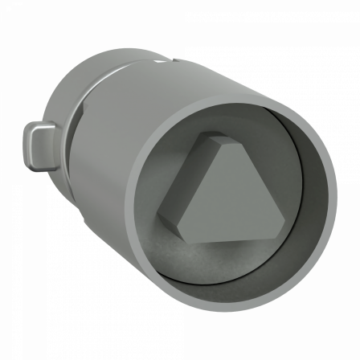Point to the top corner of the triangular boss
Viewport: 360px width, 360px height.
coord(219,137)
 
